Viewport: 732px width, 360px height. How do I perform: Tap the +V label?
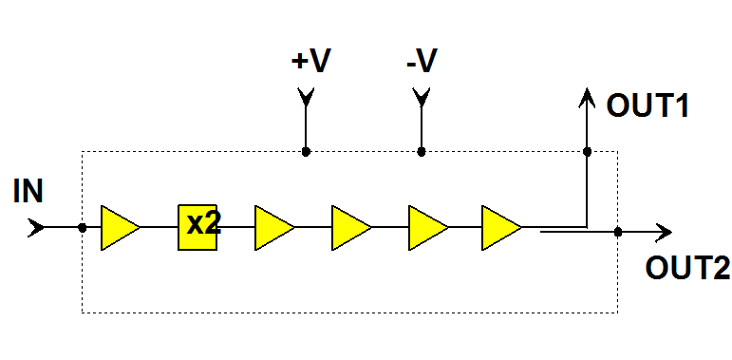tap(310, 63)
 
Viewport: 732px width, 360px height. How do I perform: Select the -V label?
tap(421, 63)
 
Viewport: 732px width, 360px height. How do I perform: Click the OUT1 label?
tap(648, 105)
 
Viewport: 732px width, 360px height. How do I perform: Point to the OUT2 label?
tap(688, 268)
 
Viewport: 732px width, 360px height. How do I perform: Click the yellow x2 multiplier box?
tap(198, 227)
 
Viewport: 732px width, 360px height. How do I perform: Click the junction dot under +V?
tap(306, 151)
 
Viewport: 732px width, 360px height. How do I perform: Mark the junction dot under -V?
tap(422, 151)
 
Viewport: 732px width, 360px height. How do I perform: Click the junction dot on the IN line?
tap(83, 228)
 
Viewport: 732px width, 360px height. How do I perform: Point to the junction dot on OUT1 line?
tap(587, 151)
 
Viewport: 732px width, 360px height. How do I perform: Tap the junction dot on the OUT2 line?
tap(618, 232)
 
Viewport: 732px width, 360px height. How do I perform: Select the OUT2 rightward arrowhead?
tap(665, 232)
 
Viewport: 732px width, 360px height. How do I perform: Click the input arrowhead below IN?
tap(36, 228)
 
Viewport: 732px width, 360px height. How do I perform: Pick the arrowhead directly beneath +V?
tap(306, 97)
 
